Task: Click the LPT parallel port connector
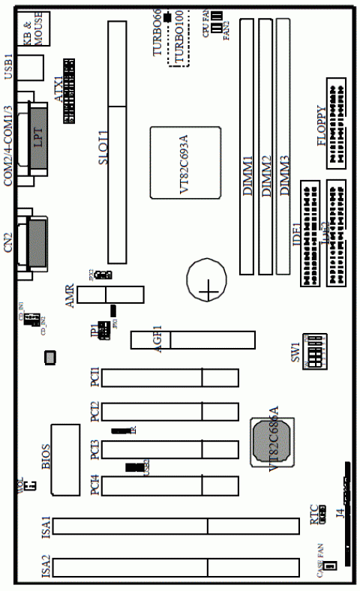[x=37, y=139]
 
